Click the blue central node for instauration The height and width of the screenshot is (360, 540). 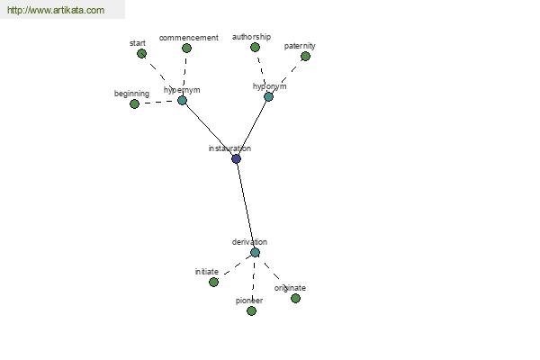coord(236,158)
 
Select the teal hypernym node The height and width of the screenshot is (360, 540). coord(182,100)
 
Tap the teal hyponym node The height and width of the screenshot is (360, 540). coord(268,97)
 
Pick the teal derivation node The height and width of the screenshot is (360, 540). coord(255,253)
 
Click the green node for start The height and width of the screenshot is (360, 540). coord(141,53)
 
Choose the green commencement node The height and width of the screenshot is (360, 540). coord(186,49)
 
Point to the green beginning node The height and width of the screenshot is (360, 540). coord(135,103)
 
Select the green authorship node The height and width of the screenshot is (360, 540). coord(255,47)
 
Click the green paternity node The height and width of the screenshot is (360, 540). coord(305,56)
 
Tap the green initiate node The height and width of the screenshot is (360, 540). coord(213,282)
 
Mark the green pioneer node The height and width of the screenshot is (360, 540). coord(251,311)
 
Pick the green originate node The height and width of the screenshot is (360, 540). coord(295,298)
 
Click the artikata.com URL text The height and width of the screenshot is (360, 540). coord(56,10)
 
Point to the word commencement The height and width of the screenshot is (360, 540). coord(189,38)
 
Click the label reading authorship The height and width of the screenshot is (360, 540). coord(251,37)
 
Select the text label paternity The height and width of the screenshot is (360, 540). coord(300,46)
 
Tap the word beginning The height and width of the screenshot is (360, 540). coord(131,94)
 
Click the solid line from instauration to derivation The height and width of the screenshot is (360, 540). coord(246,206)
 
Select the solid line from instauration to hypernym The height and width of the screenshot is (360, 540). coord(209,130)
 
